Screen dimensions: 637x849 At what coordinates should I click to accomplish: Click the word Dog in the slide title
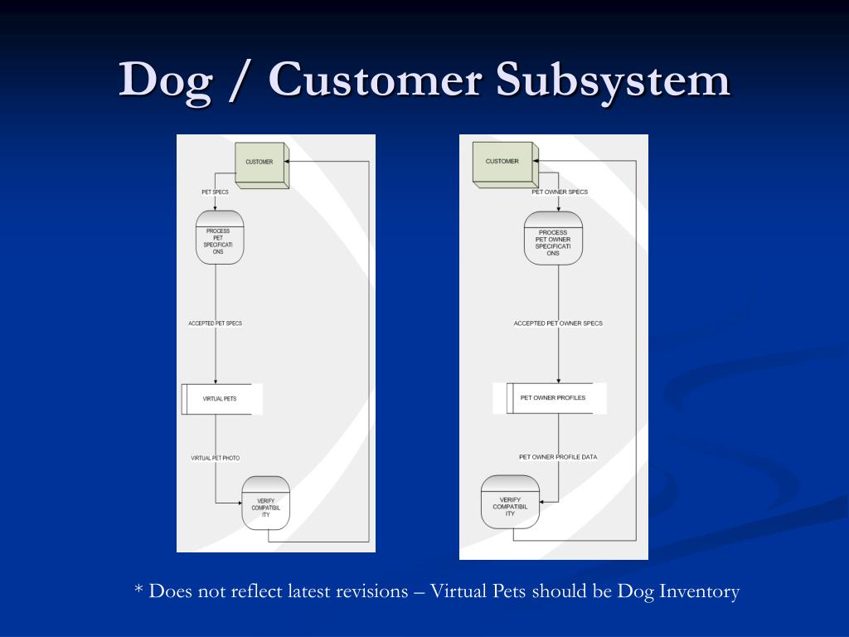[x=164, y=80]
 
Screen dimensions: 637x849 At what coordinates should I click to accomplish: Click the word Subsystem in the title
[x=613, y=80]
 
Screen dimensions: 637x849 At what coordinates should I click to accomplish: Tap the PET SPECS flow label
[x=215, y=192]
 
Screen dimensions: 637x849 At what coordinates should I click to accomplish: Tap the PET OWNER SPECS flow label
[x=560, y=192]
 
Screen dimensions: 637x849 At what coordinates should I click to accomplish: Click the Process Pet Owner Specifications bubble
[x=553, y=241]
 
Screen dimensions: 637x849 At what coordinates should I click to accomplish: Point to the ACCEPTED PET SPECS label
[x=216, y=323]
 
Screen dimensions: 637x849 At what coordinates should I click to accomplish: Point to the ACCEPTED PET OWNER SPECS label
[x=558, y=323]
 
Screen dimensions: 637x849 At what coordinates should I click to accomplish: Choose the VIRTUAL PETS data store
[x=221, y=399]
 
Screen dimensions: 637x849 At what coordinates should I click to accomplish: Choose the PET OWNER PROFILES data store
[x=551, y=398]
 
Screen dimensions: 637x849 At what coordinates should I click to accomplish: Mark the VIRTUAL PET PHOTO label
[x=215, y=458]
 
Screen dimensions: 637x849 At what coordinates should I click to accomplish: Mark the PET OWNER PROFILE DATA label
[x=558, y=457]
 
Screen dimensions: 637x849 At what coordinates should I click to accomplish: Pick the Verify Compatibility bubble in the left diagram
[x=265, y=503]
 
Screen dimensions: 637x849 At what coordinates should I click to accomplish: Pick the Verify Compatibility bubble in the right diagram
[x=510, y=502]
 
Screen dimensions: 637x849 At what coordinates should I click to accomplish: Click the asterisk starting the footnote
[x=138, y=591]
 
